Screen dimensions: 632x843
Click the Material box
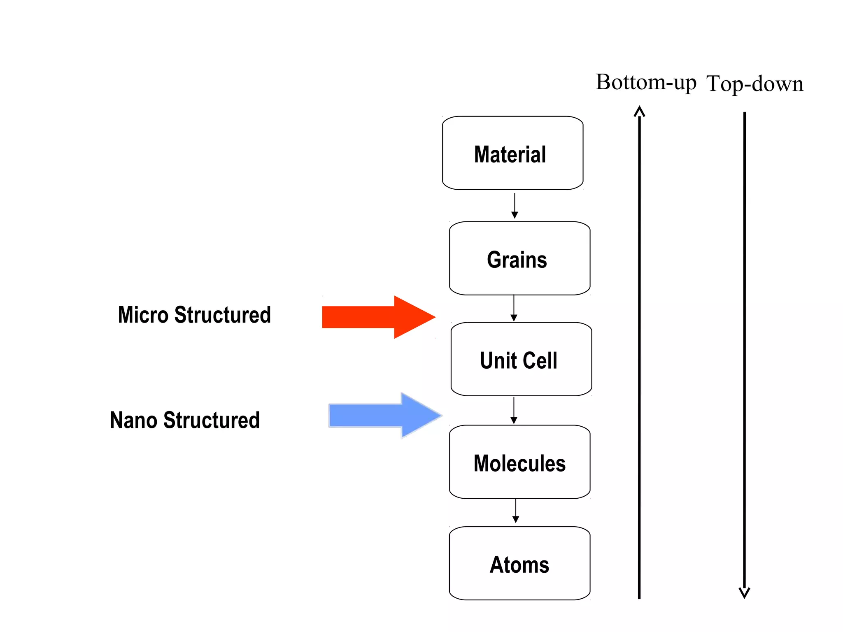tap(512, 153)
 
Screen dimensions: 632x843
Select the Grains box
tap(519, 258)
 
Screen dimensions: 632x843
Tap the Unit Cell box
tap(521, 359)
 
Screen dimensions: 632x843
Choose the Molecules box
tap(519, 462)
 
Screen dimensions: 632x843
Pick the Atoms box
tap(519, 563)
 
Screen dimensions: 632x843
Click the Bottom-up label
tap(645, 83)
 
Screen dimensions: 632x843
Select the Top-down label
tap(755, 84)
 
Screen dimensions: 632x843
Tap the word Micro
tap(143, 315)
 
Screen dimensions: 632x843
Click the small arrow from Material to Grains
tap(515, 206)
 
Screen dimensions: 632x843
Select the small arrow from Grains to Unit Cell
tap(514, 309)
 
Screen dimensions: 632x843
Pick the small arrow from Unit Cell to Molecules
tap(514, 411)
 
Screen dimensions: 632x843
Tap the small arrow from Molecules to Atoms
tap(516, 511)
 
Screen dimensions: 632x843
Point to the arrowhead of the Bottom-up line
tap(639, 111)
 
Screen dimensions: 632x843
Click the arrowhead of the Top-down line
tap(744, 593)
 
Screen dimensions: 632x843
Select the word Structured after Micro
tap(222, 315)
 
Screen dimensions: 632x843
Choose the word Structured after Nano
tap(211, 421)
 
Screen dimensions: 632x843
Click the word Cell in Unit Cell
tap(540, 360)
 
